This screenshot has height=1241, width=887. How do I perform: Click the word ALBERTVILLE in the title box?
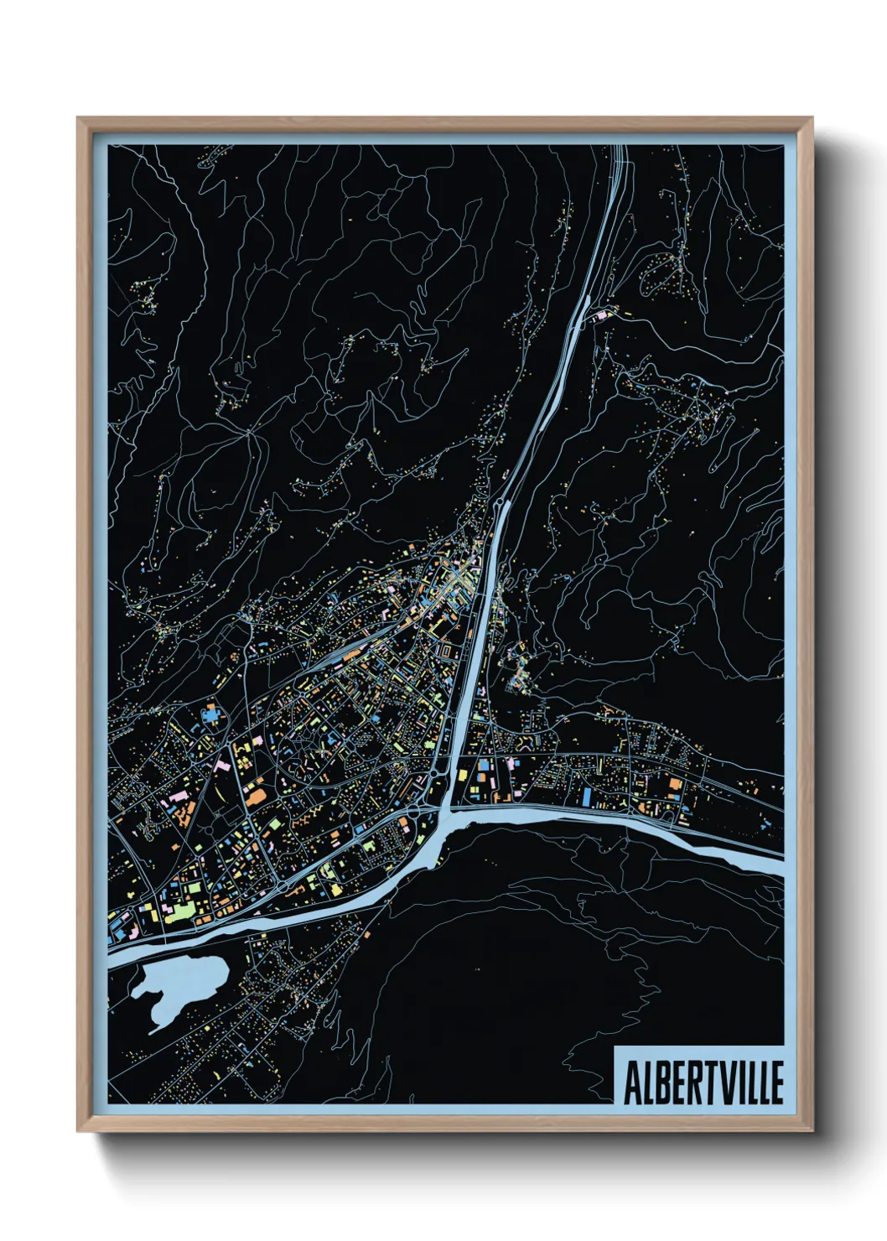point(703,1083)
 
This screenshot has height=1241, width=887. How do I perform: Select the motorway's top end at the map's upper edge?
point(620,149)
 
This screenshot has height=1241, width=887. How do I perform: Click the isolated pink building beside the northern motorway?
point(600,316)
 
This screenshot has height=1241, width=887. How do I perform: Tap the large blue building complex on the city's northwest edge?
point(210,715)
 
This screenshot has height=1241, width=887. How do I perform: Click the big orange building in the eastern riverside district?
point(675,784)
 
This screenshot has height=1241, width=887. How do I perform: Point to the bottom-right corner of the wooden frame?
point(812,1130)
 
